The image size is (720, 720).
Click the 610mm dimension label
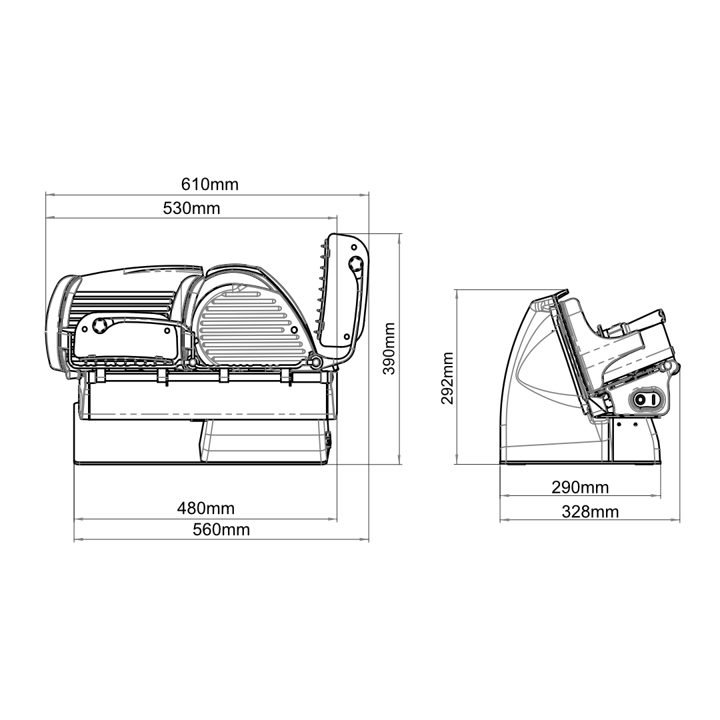click(210, 184)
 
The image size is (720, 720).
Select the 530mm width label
click(191, 208)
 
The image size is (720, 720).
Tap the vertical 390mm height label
click(389, 349)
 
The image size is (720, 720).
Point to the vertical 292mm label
click(447, 379)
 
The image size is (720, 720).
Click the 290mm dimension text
click(580, 487)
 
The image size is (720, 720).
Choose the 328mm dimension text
click(589, 511)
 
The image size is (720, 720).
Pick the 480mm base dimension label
click(206, 509)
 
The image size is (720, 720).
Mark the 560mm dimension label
click(221, 529)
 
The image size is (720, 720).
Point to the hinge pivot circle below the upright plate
click(317, 361)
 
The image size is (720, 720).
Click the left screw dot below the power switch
click(619, 424)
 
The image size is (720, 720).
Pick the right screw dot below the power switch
click(636, 424)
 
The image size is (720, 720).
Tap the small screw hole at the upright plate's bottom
click(347, 337)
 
